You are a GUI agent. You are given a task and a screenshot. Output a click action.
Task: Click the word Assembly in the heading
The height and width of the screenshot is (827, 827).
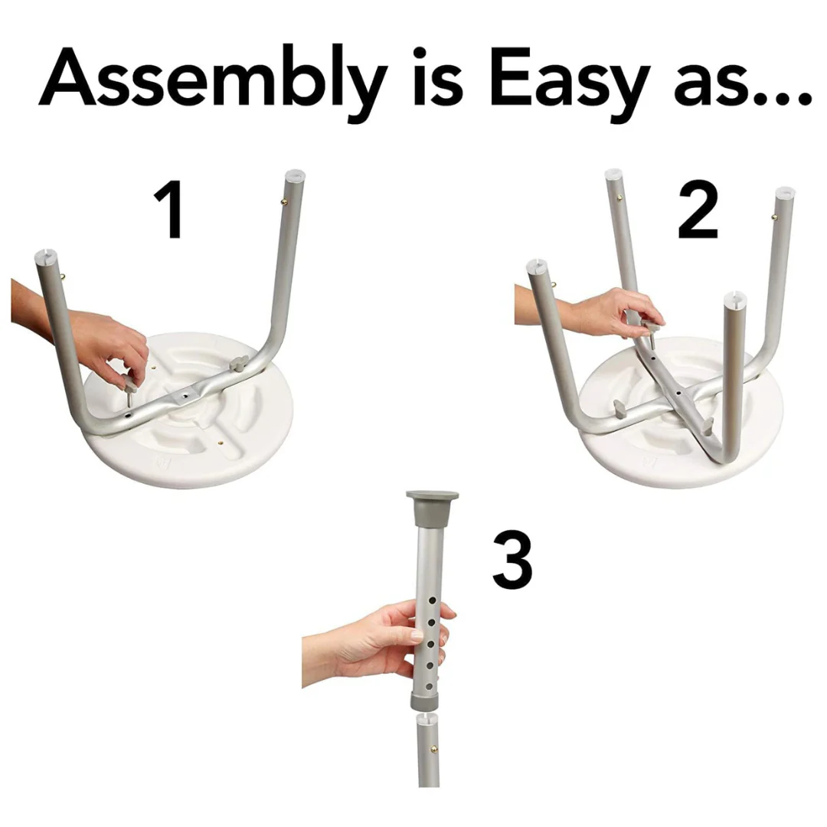coord(213,83)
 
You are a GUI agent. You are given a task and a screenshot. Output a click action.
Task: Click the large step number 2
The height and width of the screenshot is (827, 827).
coord(698,209)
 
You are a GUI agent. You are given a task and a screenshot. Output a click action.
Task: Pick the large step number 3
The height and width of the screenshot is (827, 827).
coord(512,559)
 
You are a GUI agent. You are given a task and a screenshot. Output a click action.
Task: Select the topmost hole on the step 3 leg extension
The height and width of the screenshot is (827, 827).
coord(432,600)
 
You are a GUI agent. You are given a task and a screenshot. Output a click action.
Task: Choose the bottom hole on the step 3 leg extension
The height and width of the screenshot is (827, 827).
coord(430,686)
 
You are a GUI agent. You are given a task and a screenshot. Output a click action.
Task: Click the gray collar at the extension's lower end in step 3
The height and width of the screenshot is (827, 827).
coord(425,699)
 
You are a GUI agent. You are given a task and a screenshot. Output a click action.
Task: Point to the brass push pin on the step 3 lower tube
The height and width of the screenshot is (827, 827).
coord(434,748)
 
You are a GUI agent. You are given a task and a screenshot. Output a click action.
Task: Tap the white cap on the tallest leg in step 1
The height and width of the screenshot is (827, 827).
coord(296,175)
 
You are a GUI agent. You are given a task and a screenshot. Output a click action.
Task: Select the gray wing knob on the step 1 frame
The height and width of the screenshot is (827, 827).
coord(238,364)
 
